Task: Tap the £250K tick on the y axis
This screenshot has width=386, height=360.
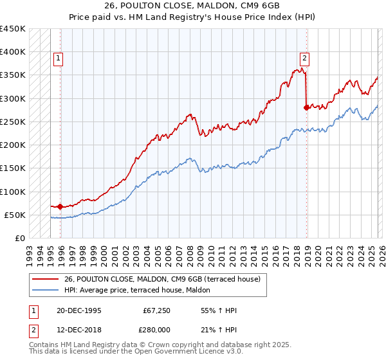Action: (13, 122)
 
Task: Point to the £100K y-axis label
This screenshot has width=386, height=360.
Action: (13, 192)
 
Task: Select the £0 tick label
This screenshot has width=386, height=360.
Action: (20, 238)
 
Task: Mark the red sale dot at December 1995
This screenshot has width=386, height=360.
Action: (60, 206)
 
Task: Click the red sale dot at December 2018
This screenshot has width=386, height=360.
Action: (306, 108)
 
